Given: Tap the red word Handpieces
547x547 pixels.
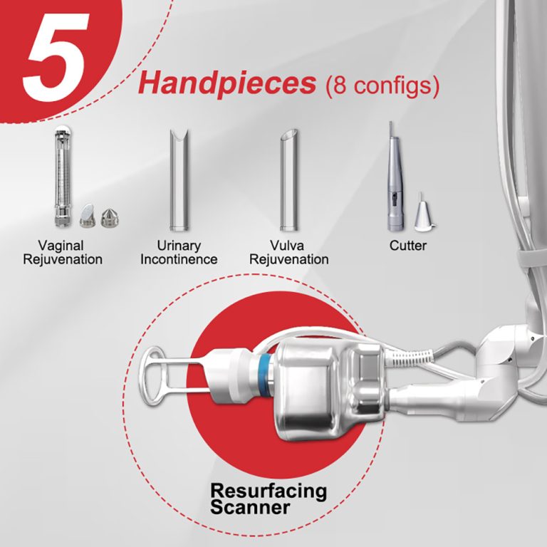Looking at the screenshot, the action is pos(227,84).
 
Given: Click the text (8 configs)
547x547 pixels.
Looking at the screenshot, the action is pos(382,85).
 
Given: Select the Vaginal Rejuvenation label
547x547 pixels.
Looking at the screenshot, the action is pos(63,253).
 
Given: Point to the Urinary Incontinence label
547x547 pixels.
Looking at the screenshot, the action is pos(179,253).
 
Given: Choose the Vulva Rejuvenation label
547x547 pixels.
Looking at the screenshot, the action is pos(289,253).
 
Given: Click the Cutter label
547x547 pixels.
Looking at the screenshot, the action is pos(408,246).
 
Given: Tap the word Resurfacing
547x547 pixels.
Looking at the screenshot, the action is pos(269,491).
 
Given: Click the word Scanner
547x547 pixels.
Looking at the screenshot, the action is pos(250,508).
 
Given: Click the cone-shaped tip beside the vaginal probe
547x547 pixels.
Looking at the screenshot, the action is pos(110,218).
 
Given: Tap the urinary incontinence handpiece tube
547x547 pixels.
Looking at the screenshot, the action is pos(179,180).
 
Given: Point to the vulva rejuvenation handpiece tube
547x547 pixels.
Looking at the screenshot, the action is pos(289,180).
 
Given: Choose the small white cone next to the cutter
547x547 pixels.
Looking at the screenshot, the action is pos(423,213).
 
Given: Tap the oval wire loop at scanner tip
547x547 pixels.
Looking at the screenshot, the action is pos(153,376).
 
